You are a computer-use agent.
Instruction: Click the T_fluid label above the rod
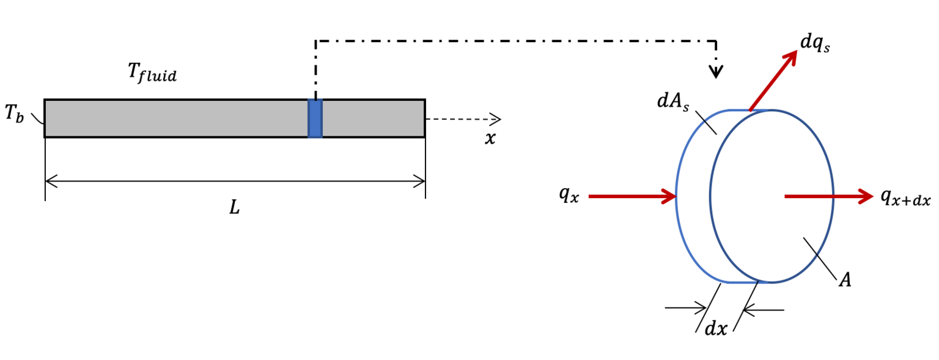pyautogui.click(x=152, y=73)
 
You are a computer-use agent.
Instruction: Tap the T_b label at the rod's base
pyautogui.click(x=15, y=114)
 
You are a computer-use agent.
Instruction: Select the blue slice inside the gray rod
pyautogui.click(x=315, y=118)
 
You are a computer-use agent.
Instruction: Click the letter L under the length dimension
pyautogui.click(x=235, y=208)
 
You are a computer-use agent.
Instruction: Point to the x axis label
pyautogui.click(x=490, y=139)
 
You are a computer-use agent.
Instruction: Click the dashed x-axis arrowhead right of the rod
pyautogui.click(x=496, y=119)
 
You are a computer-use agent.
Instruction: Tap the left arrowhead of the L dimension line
pyautogui.click(x=50, y=181)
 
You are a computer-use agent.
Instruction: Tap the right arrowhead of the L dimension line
pyautogui.click(x=420, y=181)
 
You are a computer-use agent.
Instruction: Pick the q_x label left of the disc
pyautogui.click(x=568, y=196)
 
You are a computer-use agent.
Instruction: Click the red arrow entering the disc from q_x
pyautogui.click(x=633, y=196)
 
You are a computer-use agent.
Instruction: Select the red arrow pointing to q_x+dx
pyautogui.click(x=828, y=196)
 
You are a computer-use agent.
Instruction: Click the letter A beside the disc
pyautogui.click(x=845, y=281)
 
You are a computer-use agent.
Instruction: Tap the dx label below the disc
pyautogui.click(x=716, y=328)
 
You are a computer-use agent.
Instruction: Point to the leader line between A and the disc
pyautogui.click(x=819, y=255)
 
